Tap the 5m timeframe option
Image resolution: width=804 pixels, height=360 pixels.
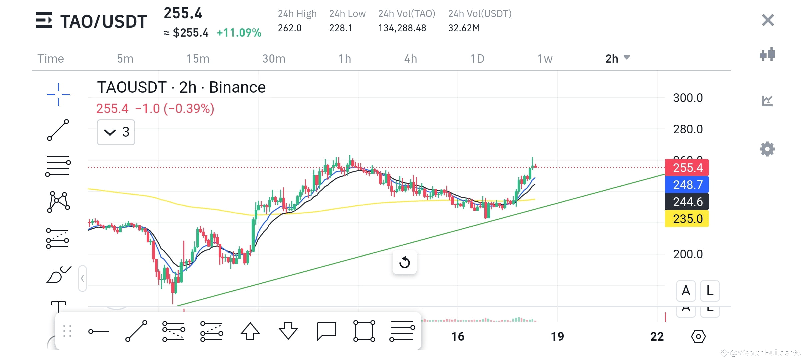[x=125, y=59]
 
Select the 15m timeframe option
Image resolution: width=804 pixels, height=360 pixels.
[x=198, y=59]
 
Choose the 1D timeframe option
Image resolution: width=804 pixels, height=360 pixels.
[x=477, y=59]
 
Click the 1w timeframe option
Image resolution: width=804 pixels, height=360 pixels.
[x=545, y=59]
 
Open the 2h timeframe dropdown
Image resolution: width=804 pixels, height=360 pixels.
[x=617, y=58]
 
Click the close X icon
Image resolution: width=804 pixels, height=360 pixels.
[x=768, y=20]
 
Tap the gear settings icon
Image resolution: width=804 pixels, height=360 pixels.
[x=767, y=149]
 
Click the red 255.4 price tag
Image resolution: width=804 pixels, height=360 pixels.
[x=687, y=168]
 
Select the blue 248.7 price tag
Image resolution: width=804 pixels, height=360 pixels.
[x=687, y=185]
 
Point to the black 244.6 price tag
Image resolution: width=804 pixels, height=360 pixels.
[x=687, y=202]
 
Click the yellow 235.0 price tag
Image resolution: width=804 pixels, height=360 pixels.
[x=687, y=219]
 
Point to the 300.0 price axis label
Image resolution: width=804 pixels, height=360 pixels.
[x=688, y=98]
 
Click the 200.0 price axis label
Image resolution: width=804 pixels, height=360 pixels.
[x=688, y=254]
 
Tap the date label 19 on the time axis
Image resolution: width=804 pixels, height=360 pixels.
[x=557, y=336]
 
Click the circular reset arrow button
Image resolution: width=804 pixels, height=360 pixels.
[x=404, y=262]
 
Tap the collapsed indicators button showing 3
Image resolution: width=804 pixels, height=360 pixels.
[x=116, y=132]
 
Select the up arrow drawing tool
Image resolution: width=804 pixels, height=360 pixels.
[x=250, y=331]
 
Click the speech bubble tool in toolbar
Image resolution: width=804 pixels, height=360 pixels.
[x=326, y=331]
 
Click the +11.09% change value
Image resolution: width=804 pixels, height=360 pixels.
[x=239, y=33]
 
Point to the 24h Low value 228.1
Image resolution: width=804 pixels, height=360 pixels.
[x=340, y=28]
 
